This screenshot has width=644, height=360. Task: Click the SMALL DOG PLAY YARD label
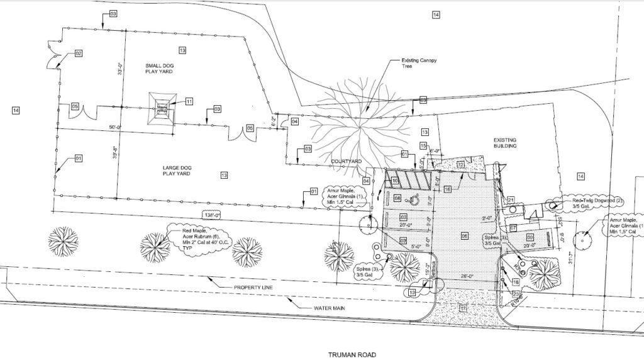pyautogui.click(x=157, y=67)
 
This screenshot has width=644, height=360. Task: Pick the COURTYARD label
pyautogui.click(x=346, y=162)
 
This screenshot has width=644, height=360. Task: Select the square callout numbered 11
pyautogui.click(x=188, y=101)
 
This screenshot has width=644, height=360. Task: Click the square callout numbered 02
pyautogui.click(x=79, y=53)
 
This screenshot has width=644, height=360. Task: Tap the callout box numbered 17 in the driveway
pyautogui.click(x=463, y=308)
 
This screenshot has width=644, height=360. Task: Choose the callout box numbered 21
pyautogui.click(x=511, y=200)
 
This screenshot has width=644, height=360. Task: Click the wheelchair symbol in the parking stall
pyautogui.click(x=414, y=200)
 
